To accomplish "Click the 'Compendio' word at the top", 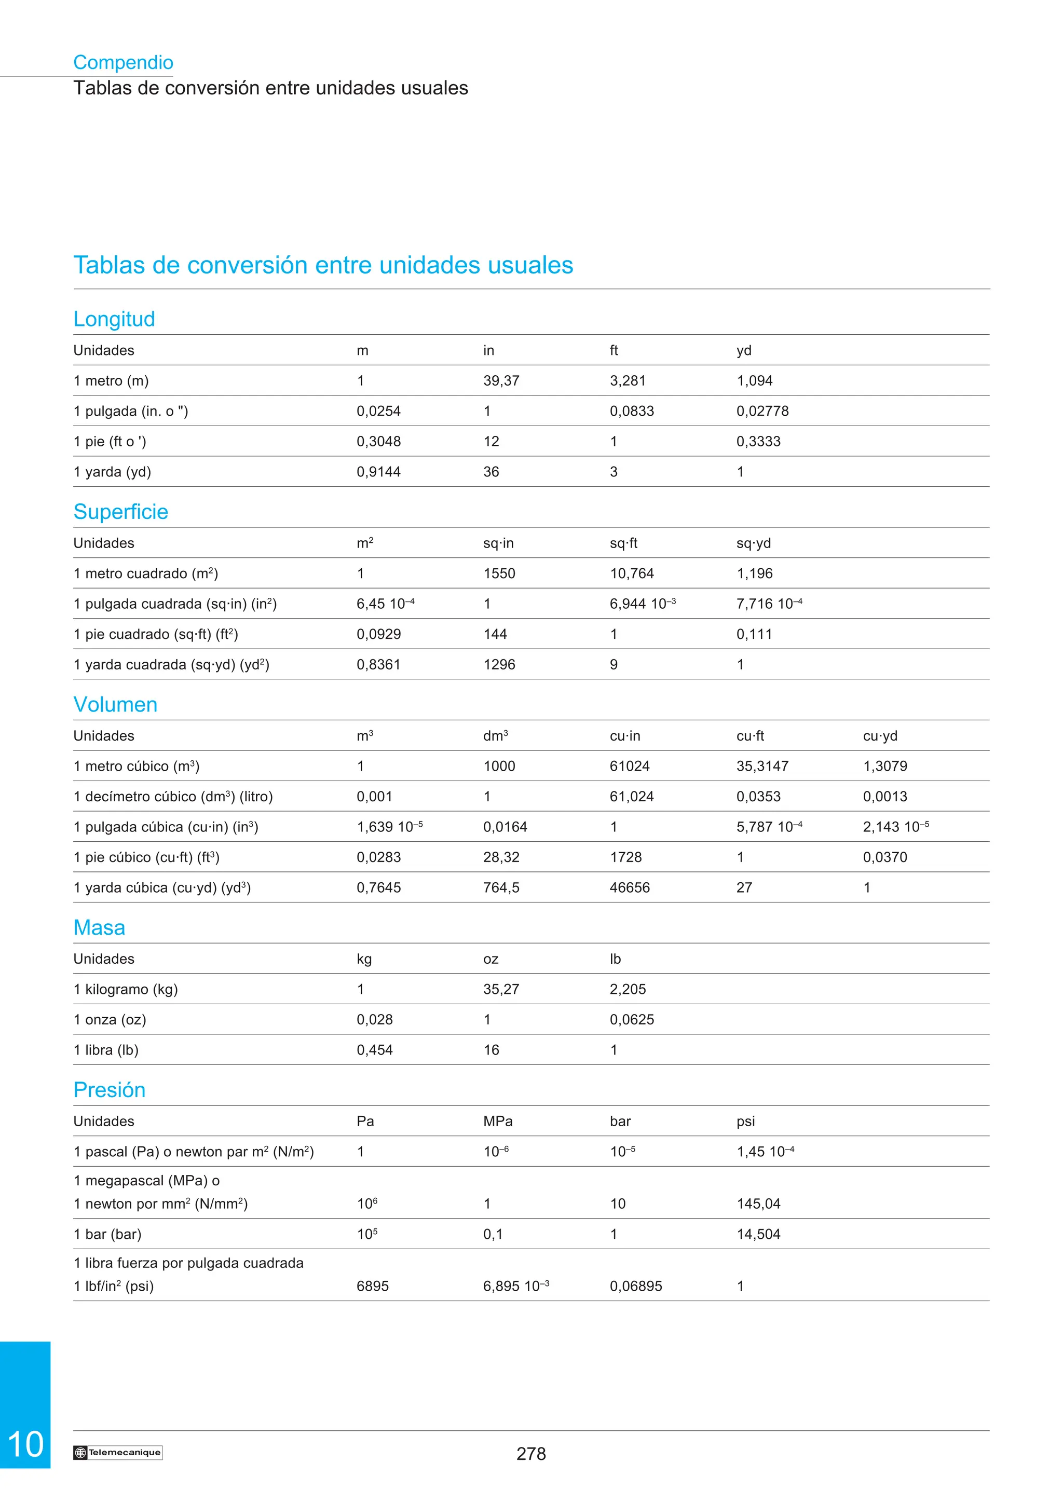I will (x=123, y=62).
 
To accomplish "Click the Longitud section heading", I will (x=114, y=319).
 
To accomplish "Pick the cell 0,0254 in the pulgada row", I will (x=378, y=412).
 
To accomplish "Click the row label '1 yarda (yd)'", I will (x=112, y=472).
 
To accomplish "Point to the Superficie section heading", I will (x=120, y=512).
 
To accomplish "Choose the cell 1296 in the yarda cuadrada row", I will (x=499, y=665).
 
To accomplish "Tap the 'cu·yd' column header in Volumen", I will (x=880, y=736).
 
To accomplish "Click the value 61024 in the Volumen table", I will (x=630, y=767).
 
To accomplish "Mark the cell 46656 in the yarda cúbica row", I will (x=630, y=888).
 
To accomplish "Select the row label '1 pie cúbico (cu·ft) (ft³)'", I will (x=146, y=857).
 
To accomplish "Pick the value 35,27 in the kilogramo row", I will (x=501, y=989).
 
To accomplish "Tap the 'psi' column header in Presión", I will (x=745, y=1122).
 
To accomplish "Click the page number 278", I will (x=530, y=1454).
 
